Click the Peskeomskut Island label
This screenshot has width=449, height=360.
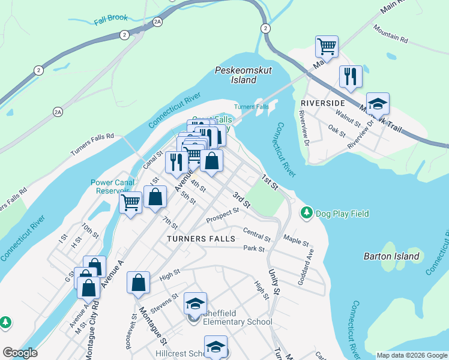(x=243, y=75)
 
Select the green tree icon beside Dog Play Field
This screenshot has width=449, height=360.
(x=306, y=213)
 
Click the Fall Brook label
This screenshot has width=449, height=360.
(x=111, y=18)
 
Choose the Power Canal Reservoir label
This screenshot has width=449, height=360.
(x=110, y=187)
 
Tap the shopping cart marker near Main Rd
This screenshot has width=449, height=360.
(x=327, y=46)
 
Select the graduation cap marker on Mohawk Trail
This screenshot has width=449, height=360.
(x=378, y=103)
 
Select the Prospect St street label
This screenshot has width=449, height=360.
(x=223, y=215)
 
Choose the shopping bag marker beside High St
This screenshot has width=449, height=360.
(x=139, y=283)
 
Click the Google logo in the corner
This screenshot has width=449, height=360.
(x=20, y=353)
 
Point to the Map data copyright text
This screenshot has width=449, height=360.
(x=411, y=355)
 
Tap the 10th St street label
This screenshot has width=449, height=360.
(x=90, y=230)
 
